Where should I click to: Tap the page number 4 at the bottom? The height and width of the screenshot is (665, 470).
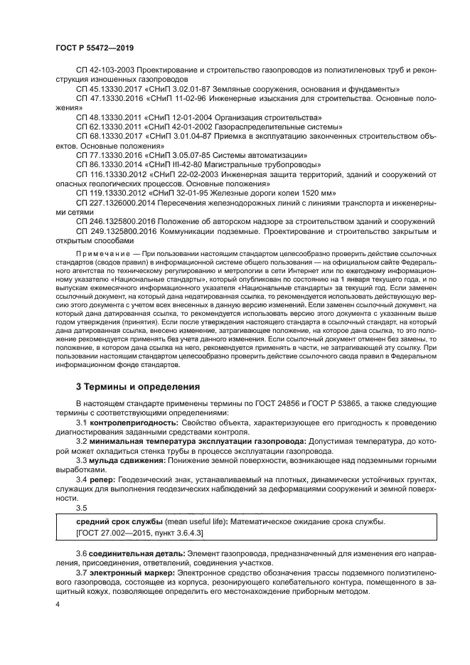[57, 605]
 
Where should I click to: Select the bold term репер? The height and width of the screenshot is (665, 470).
[99, 480]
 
